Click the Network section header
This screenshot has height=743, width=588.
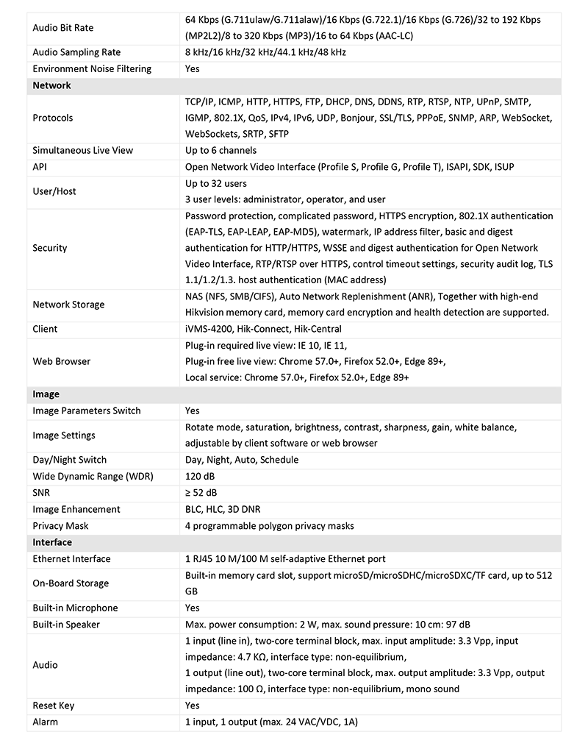52,85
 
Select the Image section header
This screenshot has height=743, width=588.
46,394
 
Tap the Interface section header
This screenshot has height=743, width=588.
53,542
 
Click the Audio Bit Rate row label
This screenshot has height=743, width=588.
63,28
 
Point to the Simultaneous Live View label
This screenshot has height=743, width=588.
83,150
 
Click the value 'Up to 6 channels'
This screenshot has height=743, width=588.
221,150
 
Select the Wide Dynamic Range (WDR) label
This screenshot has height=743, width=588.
93,476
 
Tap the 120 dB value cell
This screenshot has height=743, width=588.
200,476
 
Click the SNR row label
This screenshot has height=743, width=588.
42,492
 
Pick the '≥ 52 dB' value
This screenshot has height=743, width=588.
201,492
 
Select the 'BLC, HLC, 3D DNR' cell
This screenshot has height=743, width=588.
223,509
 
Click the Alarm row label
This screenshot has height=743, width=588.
46,722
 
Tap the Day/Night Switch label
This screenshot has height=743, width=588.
70,460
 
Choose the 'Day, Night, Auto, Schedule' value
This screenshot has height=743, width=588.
242,460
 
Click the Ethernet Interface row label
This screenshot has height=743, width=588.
72,559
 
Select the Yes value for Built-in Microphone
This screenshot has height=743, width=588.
193,608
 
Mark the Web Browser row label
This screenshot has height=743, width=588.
62,361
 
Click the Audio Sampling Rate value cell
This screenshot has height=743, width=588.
265,52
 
